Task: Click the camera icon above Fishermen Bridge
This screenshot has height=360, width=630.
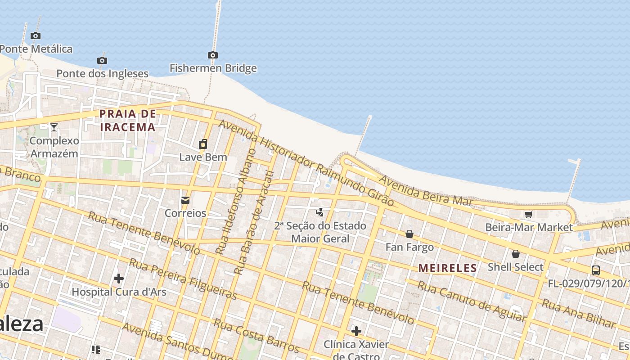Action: [213, 55]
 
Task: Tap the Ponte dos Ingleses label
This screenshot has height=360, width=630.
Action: [102, 73]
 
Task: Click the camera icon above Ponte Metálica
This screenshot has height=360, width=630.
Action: [36, 36]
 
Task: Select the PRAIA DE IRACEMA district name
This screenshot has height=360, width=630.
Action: [128, 120]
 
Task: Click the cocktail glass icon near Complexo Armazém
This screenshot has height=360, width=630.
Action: [54, 127]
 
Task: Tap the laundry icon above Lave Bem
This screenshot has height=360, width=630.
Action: [203, 144]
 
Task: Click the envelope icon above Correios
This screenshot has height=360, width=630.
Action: [185, 200]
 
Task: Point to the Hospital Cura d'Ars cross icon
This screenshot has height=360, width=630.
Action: [119, 279]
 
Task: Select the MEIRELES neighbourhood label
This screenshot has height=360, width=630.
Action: [447, 268]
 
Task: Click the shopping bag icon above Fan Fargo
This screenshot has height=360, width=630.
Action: [409, 234]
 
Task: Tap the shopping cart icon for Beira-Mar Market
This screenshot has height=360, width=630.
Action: [529, 214]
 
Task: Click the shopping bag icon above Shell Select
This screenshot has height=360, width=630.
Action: [516, 254]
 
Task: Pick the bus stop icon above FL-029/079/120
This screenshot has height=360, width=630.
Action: [596, 270]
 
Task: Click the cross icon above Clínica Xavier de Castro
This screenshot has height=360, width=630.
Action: [356, 332]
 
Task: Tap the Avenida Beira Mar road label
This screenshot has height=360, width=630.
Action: [426, 190]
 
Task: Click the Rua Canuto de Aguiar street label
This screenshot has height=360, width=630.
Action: [472, 301]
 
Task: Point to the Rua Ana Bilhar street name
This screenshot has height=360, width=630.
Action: [578, 313]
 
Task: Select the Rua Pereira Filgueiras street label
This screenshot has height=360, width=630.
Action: [183, 279]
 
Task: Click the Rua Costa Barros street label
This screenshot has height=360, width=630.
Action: [256, 336]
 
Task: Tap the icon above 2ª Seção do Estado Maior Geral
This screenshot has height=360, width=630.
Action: [320, 212]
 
